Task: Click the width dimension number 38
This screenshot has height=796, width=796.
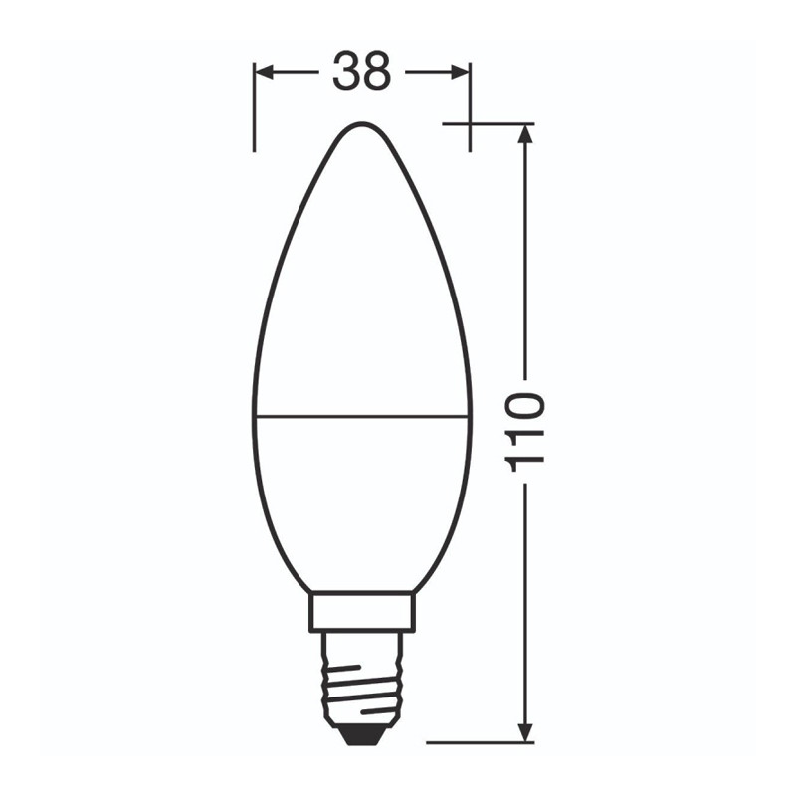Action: coord(362,71)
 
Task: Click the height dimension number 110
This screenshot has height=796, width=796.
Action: coord(525,432)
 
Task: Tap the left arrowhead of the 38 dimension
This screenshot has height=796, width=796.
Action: coord(264,72)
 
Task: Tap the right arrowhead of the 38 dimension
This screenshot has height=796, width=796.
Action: coord(460,72)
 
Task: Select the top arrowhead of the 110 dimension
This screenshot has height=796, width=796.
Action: coord(526,134)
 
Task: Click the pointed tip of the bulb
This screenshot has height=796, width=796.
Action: coord(362,122)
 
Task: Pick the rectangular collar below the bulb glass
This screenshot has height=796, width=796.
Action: coord(362,612)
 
